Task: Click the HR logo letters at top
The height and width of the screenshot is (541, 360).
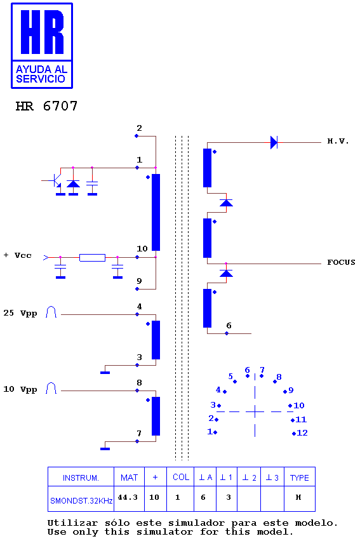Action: click(x=42, y=32)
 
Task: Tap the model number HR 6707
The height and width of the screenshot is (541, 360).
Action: click(x=46, y=106)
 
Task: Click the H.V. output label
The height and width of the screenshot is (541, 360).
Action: click(x=338, y=141)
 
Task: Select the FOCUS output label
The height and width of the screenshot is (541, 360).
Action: click(x=341, y=262)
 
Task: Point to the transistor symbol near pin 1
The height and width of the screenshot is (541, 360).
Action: click(x=56, y=180)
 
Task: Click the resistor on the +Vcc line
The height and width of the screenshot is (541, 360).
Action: click(x=92, y=257)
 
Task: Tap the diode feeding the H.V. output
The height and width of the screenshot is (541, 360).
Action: click(x=274, y=142)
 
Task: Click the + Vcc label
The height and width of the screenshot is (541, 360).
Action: click(x=18, y=255)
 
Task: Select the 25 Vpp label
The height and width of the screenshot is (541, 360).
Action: click(x=20, y=313)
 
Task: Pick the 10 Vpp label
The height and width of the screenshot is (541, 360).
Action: click(x=20, y=389)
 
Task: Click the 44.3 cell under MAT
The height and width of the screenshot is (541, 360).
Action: click(x=128, y=497)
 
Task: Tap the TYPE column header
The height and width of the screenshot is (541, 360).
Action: click(x=299, y=478)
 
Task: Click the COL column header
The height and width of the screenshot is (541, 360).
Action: click(x=181, y=477)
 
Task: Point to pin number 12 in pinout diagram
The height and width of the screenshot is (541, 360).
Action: click(x=302, y=432)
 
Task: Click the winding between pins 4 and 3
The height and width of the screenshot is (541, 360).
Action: click(x=156, y=340)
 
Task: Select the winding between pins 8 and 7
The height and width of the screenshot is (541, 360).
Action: click(x=156, y=416)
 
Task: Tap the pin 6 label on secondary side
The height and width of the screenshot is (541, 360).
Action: click(x=229, y=325)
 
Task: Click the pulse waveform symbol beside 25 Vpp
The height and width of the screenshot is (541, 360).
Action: click(x=51, y=312)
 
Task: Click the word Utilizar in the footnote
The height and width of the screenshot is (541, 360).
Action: click(x=72, y=523)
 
